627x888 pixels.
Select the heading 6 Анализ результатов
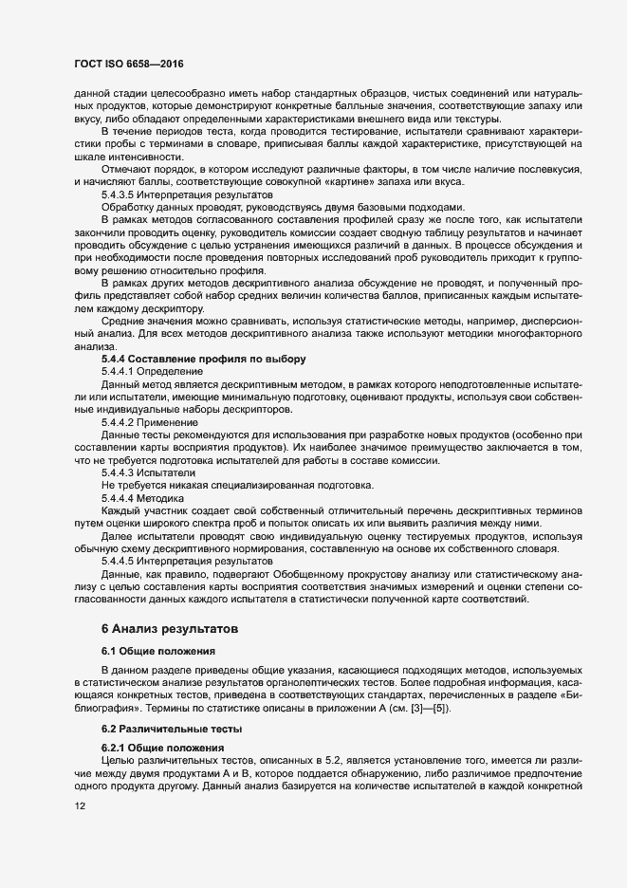[169, 628]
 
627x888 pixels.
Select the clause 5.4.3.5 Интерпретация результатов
[175, 194]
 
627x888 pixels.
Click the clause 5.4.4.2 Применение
[150, 421]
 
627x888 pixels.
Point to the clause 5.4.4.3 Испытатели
[149, 472]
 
